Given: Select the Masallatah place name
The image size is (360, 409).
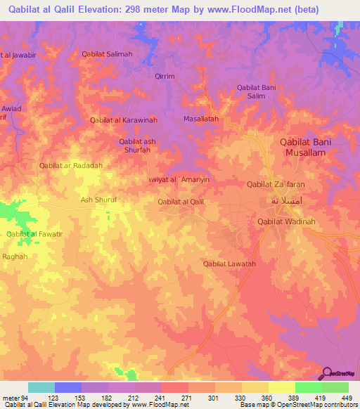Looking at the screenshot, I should (202, 119).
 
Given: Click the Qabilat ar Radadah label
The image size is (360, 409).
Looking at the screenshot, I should (71, 165).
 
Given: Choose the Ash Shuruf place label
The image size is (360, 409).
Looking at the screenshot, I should (98, 200).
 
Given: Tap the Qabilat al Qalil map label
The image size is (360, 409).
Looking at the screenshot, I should (181, 202).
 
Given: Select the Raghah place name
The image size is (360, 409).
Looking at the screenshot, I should (15, 257).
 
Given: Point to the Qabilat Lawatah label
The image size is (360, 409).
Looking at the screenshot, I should (229, 264).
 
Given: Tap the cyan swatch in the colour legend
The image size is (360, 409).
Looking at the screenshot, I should (41, 387).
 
